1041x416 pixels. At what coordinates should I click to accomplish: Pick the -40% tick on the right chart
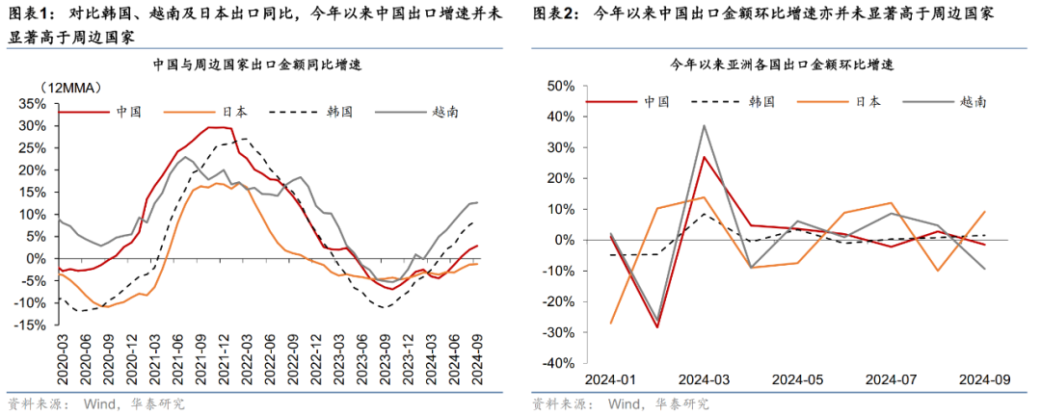(x=558, y=363)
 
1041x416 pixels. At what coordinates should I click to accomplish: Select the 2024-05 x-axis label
(x=798, y=378)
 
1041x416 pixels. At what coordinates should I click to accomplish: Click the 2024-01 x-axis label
(x=608, y=378)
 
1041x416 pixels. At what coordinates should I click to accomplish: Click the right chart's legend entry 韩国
(x=761, y=100)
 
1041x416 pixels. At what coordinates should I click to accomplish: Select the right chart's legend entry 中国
(x=657, y=100)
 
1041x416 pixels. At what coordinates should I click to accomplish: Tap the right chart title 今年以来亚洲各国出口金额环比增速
(x=782, y=65)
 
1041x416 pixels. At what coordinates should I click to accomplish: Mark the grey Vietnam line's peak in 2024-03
(x=704, y=125)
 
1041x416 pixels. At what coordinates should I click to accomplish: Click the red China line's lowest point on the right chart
(x=656, y=327)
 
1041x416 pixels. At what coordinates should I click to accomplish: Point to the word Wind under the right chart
(x=622, y=403)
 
